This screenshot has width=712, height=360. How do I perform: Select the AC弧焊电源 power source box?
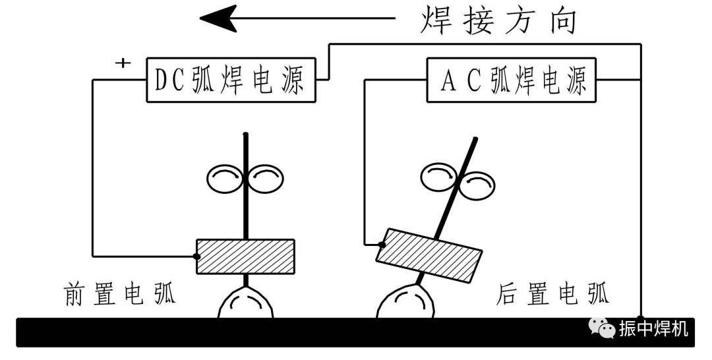coord(511,80)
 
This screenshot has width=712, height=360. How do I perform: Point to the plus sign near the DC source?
coord(122,63)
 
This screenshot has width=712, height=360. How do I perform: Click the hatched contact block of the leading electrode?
coord(245,256)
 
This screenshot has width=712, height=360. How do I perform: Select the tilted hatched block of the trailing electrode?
coord(429,255)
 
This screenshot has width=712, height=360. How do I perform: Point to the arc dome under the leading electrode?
coord(245,304)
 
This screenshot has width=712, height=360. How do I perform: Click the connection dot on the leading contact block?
coord(196,256)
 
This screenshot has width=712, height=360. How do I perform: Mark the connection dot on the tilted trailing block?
coord(380,245)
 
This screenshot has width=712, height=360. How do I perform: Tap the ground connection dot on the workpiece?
coord(641,318)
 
